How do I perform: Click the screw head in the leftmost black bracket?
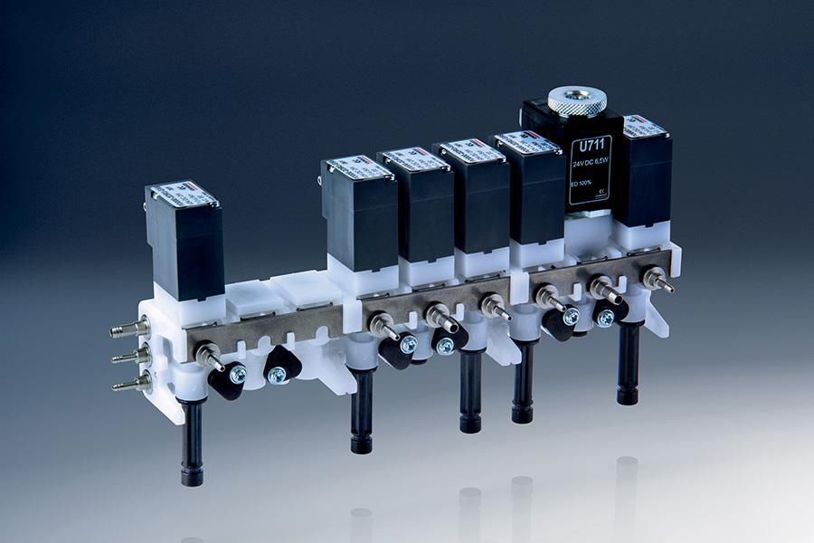tap(237, 374)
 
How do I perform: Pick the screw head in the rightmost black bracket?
tap(605, 316)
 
